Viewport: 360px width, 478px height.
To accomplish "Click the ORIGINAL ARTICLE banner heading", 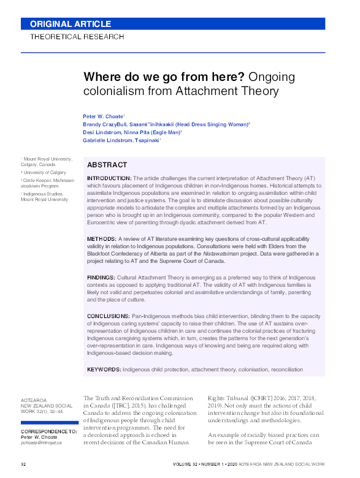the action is (x=71, y=25).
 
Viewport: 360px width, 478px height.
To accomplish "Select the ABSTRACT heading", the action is (x=107, y=165).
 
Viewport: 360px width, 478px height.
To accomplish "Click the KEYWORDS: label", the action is (x=104, y=370).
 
